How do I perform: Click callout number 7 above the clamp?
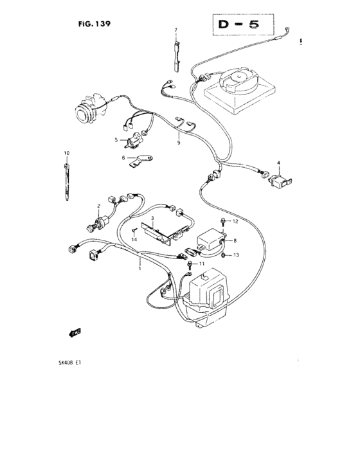pos(175,30)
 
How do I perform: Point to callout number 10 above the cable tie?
pos(66,152)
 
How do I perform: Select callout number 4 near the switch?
pos(279,163)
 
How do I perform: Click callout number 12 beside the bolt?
pos(235,221)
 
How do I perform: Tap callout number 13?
pos(236,255)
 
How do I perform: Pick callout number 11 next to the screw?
pos(201,264)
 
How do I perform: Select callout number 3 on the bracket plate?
pos(153,219)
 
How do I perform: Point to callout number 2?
pos(98,206)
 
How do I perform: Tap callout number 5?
pos(116,139)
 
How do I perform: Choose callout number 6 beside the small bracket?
pos(122,157)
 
